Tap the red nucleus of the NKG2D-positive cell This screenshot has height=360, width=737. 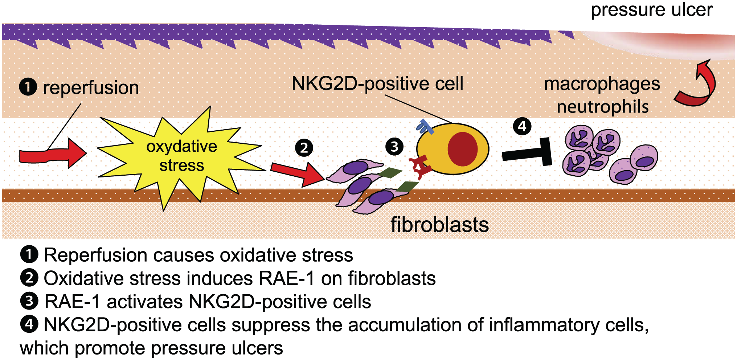[463, 149]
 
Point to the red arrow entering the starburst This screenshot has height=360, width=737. [53, 154]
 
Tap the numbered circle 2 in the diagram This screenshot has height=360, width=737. [304, 148]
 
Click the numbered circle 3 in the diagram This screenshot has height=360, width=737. [394, 147]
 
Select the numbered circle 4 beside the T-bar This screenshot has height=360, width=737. [522, 126]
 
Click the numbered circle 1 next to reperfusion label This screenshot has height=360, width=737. [28, 87]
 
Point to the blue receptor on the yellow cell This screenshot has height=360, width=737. [425, 127]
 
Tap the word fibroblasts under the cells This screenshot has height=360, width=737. [439, 225]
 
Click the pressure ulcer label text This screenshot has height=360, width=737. [652, 10]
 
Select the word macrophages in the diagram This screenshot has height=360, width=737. [602, 84]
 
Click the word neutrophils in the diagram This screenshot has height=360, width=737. [603, 107]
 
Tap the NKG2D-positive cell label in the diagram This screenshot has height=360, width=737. [377, 84]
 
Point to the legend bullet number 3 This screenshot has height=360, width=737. [29, 301]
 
